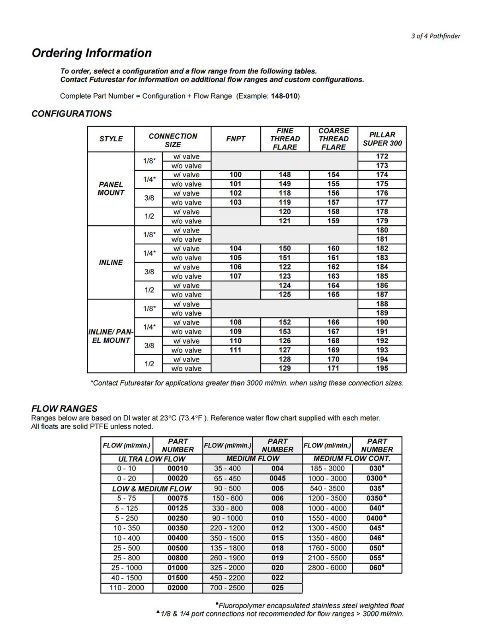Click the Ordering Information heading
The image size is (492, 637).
(x=92, y=53)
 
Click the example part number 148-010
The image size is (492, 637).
(x=284, y=96)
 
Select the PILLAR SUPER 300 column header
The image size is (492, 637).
(x=382, y=139)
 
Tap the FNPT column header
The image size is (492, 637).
(x=236, y=139)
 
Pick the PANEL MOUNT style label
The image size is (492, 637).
(x=111, y=189)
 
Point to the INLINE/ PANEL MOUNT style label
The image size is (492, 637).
(x=111, y=336)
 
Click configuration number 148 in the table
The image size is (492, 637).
(x=285, y=174)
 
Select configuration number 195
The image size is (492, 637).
(x=382, y=368)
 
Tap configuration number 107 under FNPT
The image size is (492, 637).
(x=236, y=276)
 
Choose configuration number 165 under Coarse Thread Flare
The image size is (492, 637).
(x=333, y=295)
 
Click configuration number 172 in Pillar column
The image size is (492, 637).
(x=382, y=156)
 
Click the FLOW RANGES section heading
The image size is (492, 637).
(x=64, y=408)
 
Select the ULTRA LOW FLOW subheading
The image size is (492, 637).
(x=152, y=459)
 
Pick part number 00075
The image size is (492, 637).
(x=178, y=498)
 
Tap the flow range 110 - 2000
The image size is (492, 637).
(x=127, y=588)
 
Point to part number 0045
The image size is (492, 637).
(x=277, y=478)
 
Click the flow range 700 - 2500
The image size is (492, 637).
(x=227, y=588)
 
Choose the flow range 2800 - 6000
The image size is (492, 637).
(x=327, y=568)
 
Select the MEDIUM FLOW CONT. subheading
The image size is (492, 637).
(x=352, y=459)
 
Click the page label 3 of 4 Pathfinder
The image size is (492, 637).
(x=435, y=36)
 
